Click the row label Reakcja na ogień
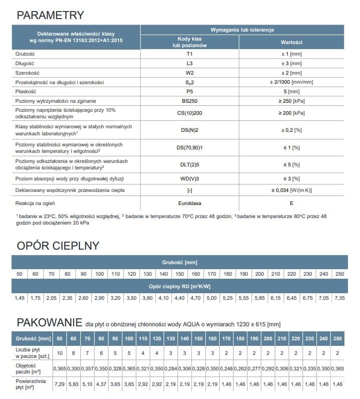point(35,204)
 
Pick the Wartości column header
point(291,42)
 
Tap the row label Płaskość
point(27,92)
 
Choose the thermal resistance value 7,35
point(339,298)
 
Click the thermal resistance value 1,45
point(20,298)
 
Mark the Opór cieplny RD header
point(179,286)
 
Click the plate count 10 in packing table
point(60,353)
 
